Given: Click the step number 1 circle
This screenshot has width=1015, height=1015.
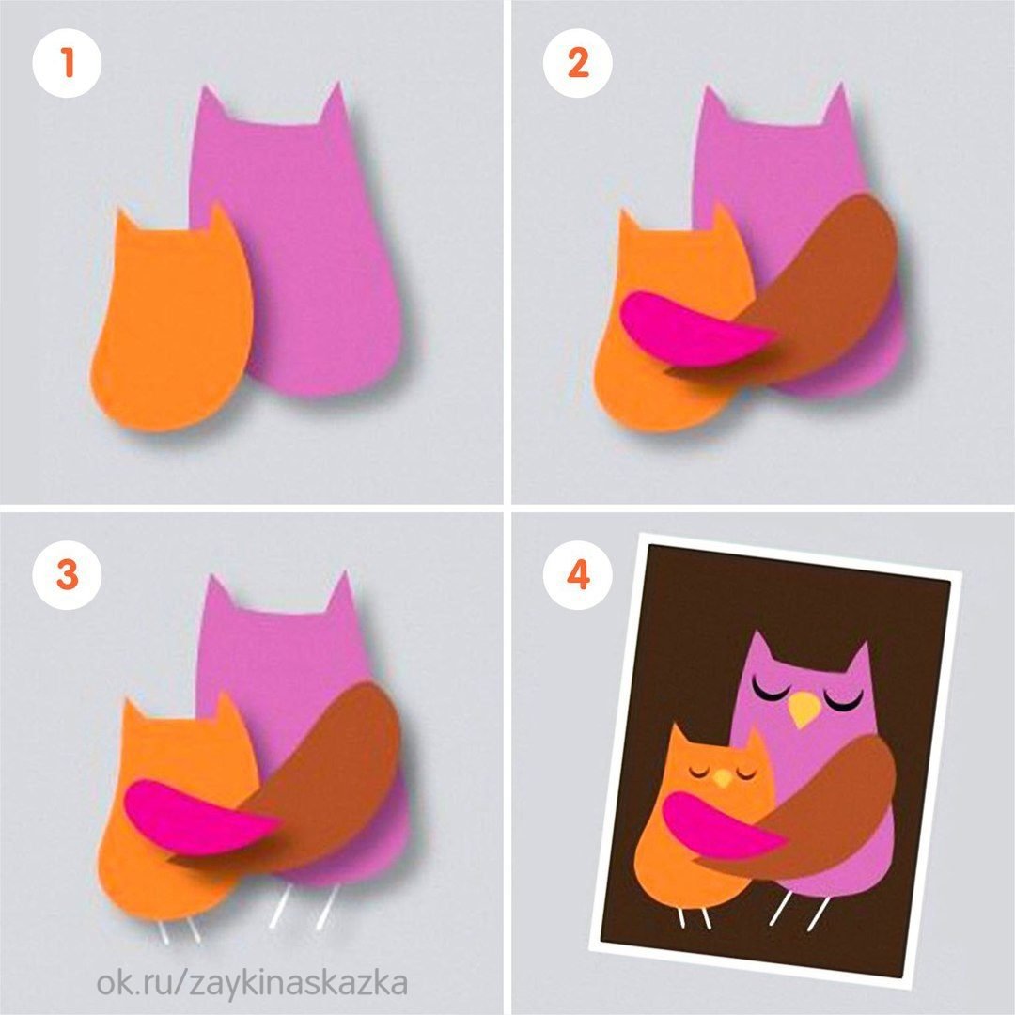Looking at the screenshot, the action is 67,64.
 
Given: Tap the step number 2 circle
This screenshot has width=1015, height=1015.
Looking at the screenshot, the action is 577,64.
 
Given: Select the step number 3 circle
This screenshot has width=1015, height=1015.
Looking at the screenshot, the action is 67,575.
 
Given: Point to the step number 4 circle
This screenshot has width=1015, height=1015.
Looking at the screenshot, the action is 577,575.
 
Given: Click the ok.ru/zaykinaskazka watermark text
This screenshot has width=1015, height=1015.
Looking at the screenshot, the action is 253,983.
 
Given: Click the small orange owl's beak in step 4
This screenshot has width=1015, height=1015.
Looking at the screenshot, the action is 723,778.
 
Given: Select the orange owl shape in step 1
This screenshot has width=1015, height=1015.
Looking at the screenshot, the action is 172,318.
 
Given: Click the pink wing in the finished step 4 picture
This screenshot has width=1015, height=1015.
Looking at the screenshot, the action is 722,825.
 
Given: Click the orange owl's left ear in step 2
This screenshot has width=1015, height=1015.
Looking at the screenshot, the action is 627,220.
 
